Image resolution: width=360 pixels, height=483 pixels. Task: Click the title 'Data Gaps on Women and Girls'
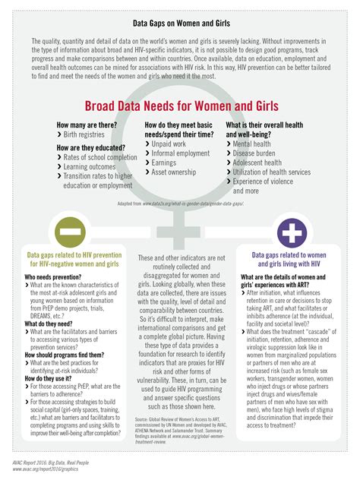(x=179, y=24)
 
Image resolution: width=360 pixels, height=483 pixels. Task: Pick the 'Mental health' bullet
(x=256, y=142)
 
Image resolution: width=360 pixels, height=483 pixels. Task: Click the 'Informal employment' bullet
(x=181, y=153)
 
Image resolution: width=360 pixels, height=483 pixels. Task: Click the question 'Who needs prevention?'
(x=52, y=277)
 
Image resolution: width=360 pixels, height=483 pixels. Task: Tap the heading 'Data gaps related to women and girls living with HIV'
(x=289, y=262)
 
